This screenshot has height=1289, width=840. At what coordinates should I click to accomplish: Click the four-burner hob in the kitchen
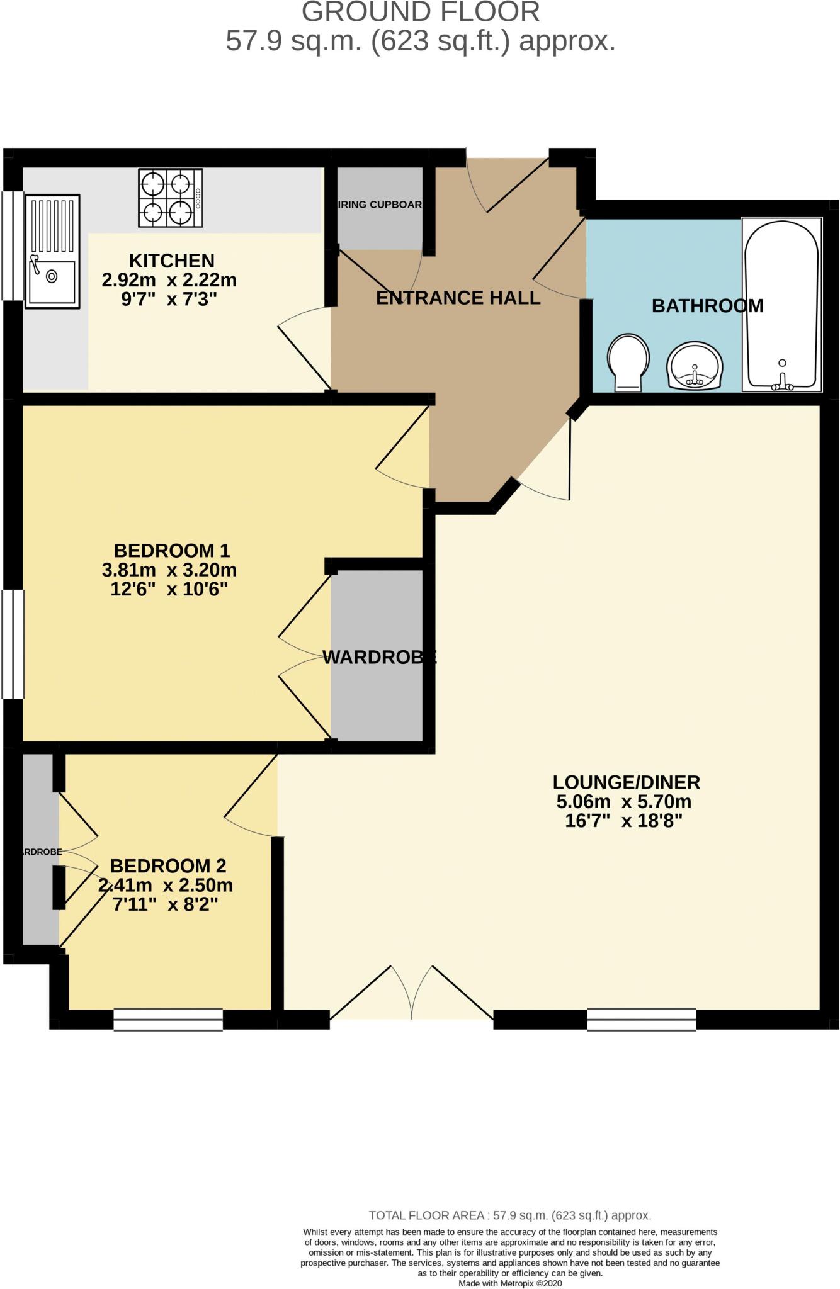pos(170,198)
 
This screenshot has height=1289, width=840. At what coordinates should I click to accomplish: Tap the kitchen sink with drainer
pos(52,251)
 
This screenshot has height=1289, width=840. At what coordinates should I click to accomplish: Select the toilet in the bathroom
pos(628,362)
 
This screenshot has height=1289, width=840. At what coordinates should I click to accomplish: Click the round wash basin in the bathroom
pos(695,366)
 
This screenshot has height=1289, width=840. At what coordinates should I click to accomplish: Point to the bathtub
pos(781,305)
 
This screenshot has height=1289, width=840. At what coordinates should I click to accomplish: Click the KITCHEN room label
pos(171,260)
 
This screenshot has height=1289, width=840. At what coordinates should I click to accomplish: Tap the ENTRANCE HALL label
pos(458,298)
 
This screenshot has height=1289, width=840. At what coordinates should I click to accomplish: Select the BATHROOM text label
pos(707,306)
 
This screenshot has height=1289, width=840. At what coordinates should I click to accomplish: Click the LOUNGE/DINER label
pos(626,782)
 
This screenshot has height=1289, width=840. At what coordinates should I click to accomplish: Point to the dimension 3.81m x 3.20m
pos(169,570)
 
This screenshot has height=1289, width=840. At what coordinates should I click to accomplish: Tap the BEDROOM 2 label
pos(167,866)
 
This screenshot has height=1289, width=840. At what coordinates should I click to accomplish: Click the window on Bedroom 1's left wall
pos(13,644)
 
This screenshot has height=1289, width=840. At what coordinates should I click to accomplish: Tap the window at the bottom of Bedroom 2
pos(168,1019)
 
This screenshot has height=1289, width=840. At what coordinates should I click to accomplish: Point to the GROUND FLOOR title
pos(420,13)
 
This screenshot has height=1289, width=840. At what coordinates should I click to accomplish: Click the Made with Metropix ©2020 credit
pos(509,1283)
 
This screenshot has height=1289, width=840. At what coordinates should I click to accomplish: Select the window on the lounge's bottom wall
pos(641,1019)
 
